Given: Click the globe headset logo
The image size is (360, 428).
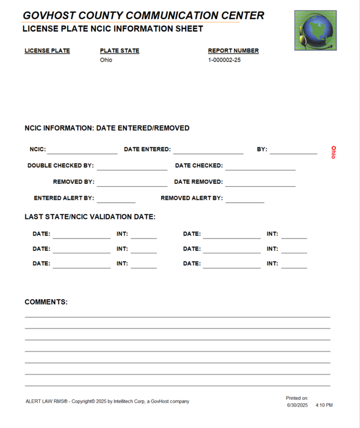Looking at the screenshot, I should tap(315, 30).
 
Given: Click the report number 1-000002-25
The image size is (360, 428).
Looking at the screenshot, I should tap(224, 60).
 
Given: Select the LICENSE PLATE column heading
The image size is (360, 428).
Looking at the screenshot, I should tap(47, 51).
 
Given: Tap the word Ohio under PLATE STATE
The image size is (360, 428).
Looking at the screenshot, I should tap(106, 60).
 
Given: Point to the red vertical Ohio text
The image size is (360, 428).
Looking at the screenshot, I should tap(334, 152).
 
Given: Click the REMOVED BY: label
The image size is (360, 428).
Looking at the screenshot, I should tap(74, 182).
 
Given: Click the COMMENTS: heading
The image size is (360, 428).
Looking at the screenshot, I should tap(46, 302).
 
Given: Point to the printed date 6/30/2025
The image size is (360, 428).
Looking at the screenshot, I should tap(297, 405).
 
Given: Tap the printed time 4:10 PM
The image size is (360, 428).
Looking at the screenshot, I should tap(324, 405).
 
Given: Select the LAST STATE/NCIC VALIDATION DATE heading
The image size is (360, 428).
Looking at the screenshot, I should tap(90, 217).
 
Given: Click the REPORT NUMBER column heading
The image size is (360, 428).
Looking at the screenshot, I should tap(233, 51).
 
